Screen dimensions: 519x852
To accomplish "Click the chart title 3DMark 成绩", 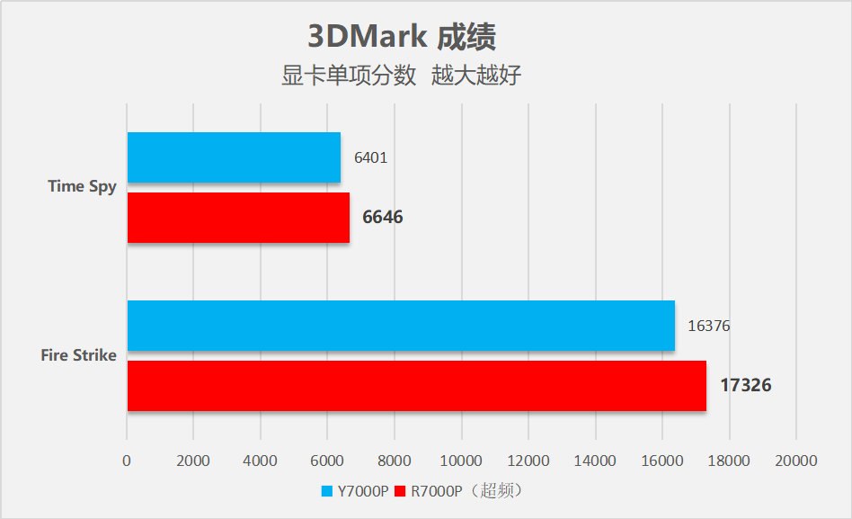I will (x=402, y=37).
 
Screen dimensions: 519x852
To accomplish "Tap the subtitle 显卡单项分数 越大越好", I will (x=402, y=76).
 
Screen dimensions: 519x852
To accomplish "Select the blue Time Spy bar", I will (x=234, y=157).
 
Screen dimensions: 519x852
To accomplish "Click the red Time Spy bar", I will (x=238, y=218).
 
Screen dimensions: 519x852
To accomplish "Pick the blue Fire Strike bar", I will (x=401, y=326).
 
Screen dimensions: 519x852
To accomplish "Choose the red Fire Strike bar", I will (x=416, y=386).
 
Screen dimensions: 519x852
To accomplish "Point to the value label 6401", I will (x=370, y=157).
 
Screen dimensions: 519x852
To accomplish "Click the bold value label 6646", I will (x=383, y=218).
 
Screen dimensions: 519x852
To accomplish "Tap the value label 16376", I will (x=709, y=326).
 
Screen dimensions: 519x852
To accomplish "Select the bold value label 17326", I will (x=745, y=386).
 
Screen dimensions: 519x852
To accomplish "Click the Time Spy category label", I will (x=82, y=187).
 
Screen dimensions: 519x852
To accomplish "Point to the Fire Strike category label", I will (x=78, y=355).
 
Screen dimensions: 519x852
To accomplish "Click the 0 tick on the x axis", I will (x=127, y=461).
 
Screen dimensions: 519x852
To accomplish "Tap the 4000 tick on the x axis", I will (x=261, y=461).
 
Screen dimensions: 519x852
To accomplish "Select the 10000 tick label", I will (x=461, y=461).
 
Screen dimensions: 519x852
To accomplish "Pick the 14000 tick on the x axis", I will (x=595, y=461).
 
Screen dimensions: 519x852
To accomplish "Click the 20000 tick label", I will (x=795, y=461).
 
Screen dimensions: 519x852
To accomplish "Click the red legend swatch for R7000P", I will (x=401, y=491).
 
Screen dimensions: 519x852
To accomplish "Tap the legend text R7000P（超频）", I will (x=467, y=491).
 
